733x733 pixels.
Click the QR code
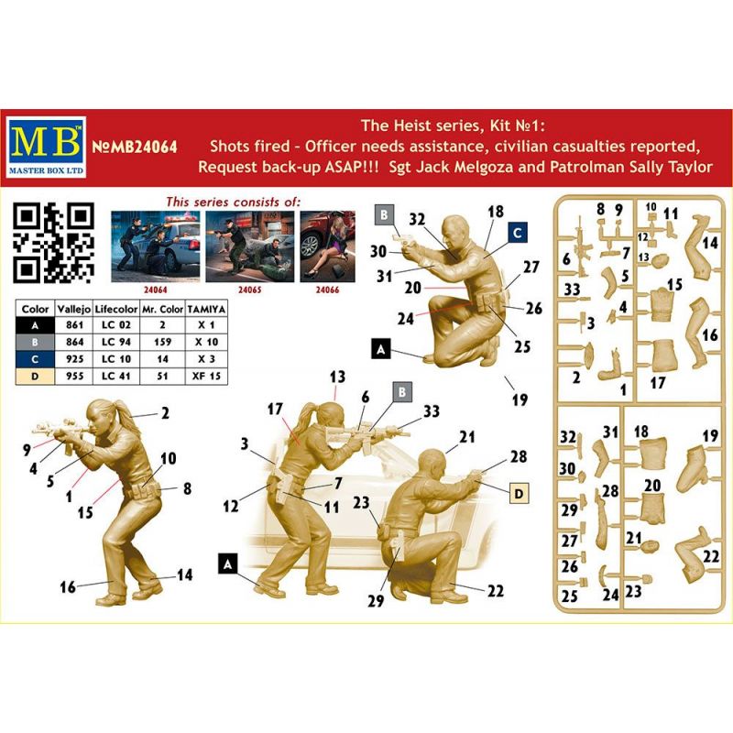[53, 243]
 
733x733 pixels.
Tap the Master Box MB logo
[46, 147]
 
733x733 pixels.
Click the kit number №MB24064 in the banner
[135, 147]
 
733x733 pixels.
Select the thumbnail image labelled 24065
[249, 246]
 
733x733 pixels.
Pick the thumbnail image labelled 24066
[327, 246]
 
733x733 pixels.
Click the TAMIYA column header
[206, 309]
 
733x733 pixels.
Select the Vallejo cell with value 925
[74, 359]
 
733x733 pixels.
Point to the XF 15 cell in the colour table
[206, 377]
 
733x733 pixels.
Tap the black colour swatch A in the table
[35, 325]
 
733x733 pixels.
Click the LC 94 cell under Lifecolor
[116, 342]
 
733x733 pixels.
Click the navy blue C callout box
[517, 233]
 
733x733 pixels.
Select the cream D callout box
[519, 493]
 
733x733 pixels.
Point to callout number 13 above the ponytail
[337, 377]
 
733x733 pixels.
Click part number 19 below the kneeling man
[520, 399]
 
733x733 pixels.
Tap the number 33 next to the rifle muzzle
[431, 410]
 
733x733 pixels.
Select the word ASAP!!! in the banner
[351, 167]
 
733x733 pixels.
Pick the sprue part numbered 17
[663, 356]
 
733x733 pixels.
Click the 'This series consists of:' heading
[234, 202]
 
